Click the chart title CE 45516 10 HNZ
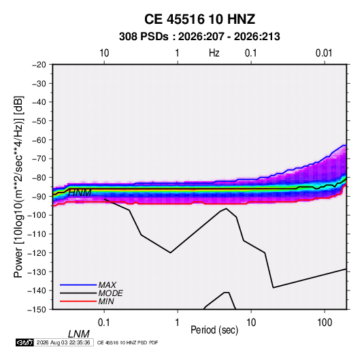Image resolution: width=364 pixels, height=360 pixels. coord(199,19)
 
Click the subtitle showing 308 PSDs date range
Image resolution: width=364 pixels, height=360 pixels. coord(199,37)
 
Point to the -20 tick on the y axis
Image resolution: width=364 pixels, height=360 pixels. coord(39,65)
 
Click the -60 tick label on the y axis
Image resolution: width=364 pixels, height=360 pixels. coord(39,140)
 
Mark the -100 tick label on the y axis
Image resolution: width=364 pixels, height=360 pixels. coord(37,215)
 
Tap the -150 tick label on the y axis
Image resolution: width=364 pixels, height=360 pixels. coord(37,310)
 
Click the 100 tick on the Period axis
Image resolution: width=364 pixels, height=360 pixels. coord(325,323)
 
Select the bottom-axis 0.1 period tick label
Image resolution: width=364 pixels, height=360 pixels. coord(104,323)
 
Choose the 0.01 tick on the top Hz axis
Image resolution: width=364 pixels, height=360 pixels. coord(324,53)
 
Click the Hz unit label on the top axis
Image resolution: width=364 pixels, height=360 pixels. coord(214,53)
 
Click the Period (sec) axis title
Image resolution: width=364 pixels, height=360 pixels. coord(214,330)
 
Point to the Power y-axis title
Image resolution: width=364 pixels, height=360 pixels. coord(18,186)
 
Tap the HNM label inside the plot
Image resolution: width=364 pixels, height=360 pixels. coord(80,193)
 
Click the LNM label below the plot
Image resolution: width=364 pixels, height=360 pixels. coord(79,334)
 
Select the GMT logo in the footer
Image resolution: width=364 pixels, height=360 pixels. coord(24,342)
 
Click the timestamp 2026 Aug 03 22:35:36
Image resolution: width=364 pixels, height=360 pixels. coord(63,342)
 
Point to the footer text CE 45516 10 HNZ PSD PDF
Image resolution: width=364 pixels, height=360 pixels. coord(127,342)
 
